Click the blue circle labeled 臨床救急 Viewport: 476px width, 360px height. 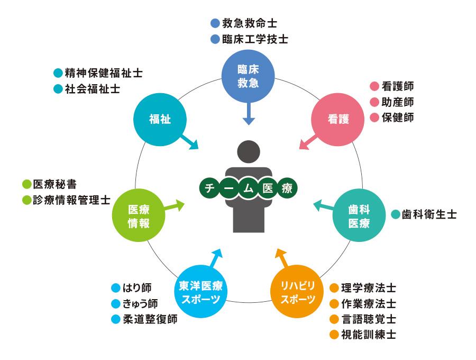[x=248, y=76]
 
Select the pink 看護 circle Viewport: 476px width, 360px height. [x=338, y=119]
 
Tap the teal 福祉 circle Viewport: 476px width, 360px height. [x=160, y=119]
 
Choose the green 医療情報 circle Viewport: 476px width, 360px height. [x=139, y=215]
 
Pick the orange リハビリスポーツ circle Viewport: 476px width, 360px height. [x=297, y=291]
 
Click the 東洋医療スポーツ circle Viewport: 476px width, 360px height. [x=200, y=291]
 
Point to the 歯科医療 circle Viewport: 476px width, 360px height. [x=359, y=215]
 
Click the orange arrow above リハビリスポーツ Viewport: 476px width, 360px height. [x=282, y=258]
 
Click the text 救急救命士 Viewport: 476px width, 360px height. [x=250, y=23]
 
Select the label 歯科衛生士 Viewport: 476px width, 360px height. [x=429, y=214]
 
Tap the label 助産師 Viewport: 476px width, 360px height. [x=398, y=102]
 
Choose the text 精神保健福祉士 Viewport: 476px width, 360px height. [x=104, y=73]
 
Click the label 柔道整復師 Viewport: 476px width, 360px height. [x=150, y=319]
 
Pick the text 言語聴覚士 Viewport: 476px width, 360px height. [x=369, y=319]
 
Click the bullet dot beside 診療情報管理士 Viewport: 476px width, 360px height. [x=27, y=200]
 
